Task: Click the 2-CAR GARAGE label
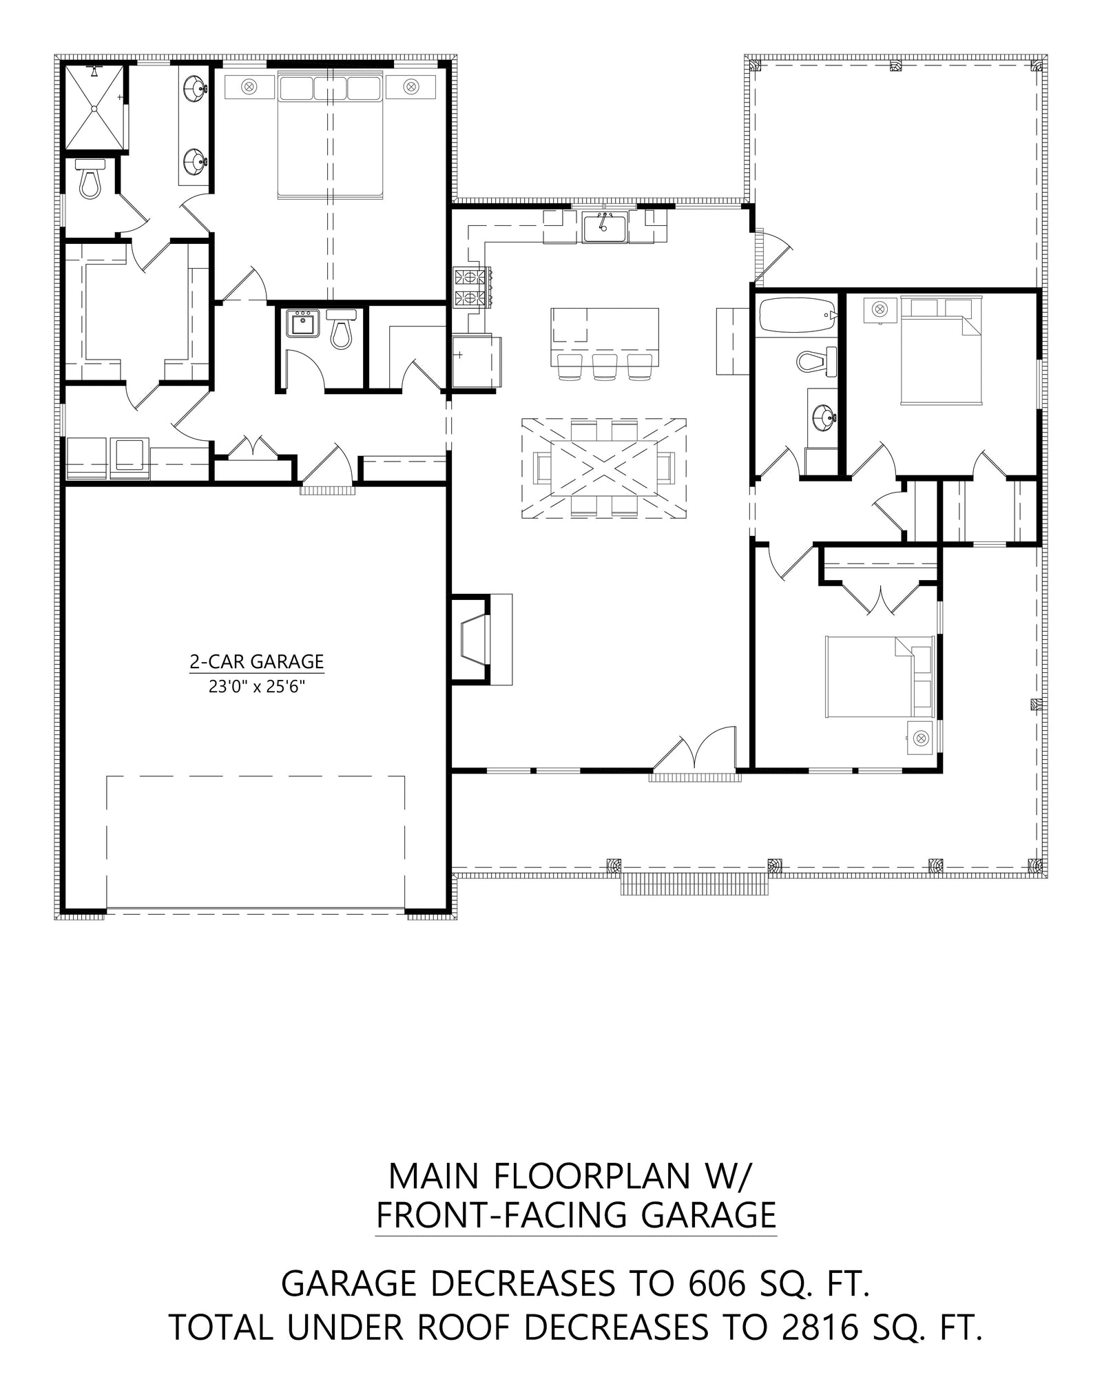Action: pyautogui.click(x=256, y=661)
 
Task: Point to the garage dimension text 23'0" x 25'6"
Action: pyautogui.click(x=256, y=686)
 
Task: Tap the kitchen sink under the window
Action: pyautogui.click(x=604, y=227)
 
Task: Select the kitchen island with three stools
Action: pyautogui.click(x=604, y=329)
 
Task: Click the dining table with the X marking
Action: pyautogui.click(x=603, y=468)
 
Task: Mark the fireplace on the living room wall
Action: pyautogui.click(x=475, y=639)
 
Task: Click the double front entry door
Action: pyautogui.click(x=696, y=758)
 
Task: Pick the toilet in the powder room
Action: pyautogui.click(x=341, y=329)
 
